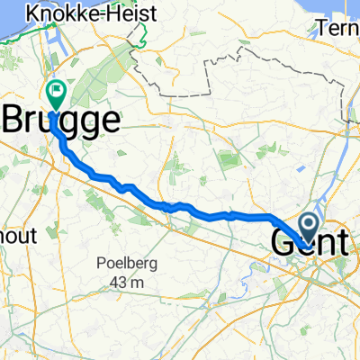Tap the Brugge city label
coord(63,120)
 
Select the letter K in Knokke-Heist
coord(33,13)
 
